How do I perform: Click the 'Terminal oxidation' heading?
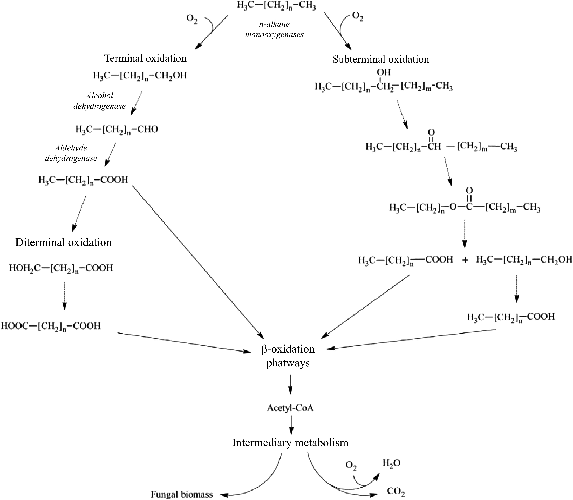(145, 58)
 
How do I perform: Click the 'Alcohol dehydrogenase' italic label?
(99, 101)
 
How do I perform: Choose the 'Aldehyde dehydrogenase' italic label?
(71, 153)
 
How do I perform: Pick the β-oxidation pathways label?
(288, 356)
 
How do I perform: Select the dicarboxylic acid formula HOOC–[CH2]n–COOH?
(51, 326)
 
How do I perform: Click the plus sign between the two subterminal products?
(465, 260)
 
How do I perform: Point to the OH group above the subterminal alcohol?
(384, 72)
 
